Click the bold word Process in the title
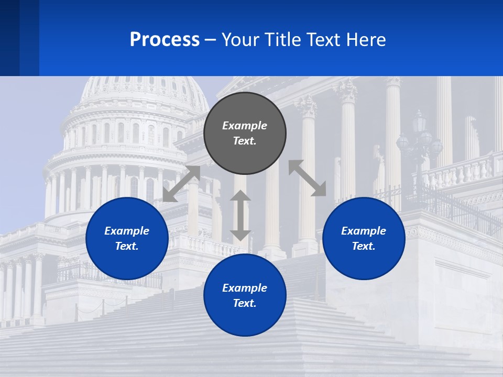click(x=165, y=40)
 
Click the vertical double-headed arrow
click(x=240, y=216)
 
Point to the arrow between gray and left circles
click(x=181, y=184)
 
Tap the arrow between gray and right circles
click(x=307, y=179)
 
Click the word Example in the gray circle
click(x=245, y=126)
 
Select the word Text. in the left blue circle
click(x=127, y=246)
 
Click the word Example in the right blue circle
click(x=364, y=231)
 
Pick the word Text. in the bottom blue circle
click(x=245, y=303)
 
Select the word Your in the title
click(x=240, y=40)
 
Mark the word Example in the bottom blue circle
click(x=245, y=288)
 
